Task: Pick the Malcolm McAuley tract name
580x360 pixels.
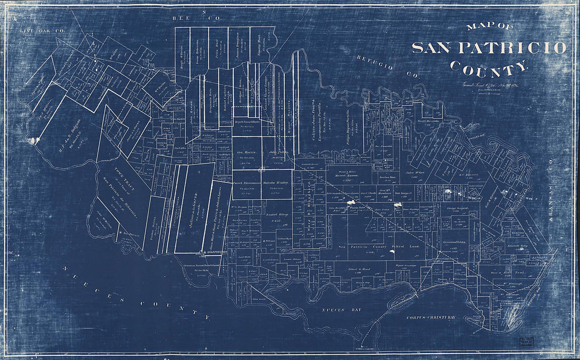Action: [x=274, y=183]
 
